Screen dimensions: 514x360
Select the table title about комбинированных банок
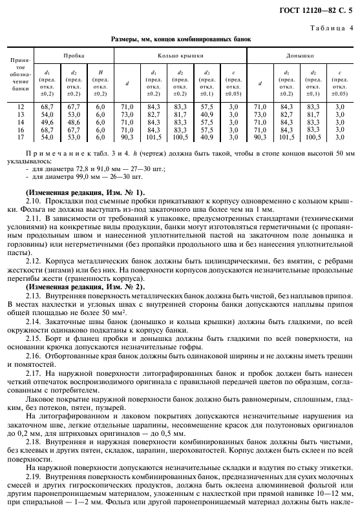pos(181,39)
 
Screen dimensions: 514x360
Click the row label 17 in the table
pos(19,137)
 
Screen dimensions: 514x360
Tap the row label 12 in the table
pos(19,106)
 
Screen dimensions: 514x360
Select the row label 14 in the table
pos(19,121)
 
